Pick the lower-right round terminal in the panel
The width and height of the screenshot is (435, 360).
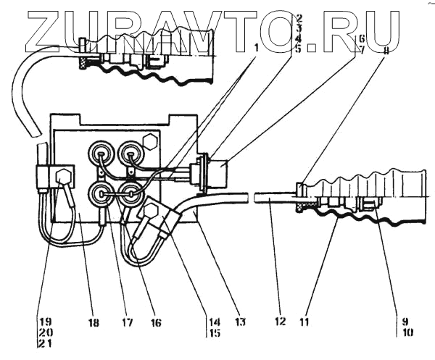coord(130,193)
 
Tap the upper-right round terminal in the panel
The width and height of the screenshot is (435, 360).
coord(130,154)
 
